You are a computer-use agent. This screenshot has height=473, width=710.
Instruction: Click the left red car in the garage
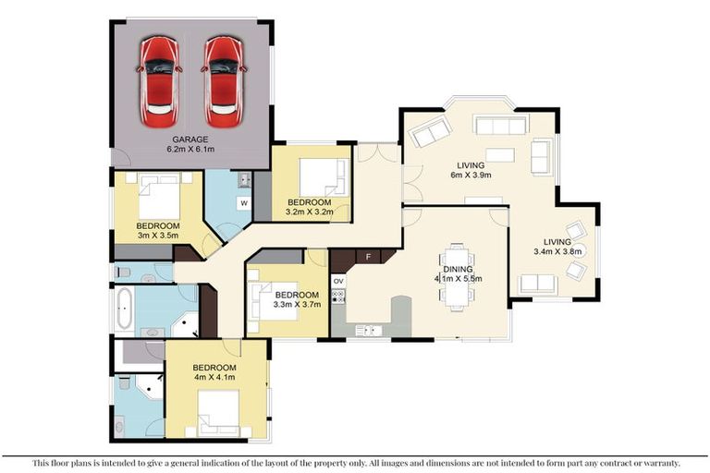(x=158, y=82)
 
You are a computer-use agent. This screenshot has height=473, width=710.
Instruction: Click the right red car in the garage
(x=224, y=82)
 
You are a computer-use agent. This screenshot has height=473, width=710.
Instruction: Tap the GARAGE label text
(x=190, y=139)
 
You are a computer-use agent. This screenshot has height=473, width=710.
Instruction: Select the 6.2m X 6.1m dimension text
(x=190, y=149)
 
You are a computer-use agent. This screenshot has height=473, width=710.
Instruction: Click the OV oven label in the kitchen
(x=338, y=281)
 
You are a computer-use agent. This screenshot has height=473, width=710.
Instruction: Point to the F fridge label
(x=369, y=257)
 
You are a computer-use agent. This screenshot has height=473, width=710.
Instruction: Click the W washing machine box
(x=244, y=203)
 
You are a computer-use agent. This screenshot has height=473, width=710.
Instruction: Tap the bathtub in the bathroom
(x=124, y=309)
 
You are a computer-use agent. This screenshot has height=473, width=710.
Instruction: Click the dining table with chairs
(x=458, y=277)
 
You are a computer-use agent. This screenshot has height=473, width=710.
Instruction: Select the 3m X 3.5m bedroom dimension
(x=157, y=236)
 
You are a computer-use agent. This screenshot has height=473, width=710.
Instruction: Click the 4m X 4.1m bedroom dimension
(x=214, y=377)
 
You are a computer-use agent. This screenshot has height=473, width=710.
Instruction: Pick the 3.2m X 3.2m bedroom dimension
(x=310, y=212)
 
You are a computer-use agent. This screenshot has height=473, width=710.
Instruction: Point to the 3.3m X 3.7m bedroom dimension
(x=297, y=305)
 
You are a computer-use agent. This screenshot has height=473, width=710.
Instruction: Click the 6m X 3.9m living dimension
(x=471, y=175)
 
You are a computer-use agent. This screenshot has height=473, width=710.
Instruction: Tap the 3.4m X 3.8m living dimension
(x=557, y=251)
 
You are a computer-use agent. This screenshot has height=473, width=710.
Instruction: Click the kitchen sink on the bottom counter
(x=368, y=331)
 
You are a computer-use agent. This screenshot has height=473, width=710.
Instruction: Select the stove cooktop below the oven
(x=338, y=297)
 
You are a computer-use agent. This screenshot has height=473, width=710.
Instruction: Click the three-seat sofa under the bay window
(x=500, y=125)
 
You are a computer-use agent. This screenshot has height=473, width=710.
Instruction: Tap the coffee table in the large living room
(x=500, y=155)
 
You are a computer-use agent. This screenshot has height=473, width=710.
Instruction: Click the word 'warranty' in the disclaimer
(x=661, y=463)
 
